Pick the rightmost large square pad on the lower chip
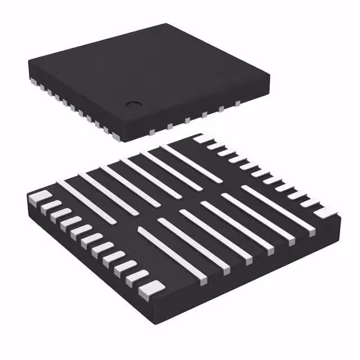[x=326, y=212]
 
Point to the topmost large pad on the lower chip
[x=201, y=138]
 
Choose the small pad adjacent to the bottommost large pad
[x=137, y=276]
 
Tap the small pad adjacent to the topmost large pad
[x=214, y=145]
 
